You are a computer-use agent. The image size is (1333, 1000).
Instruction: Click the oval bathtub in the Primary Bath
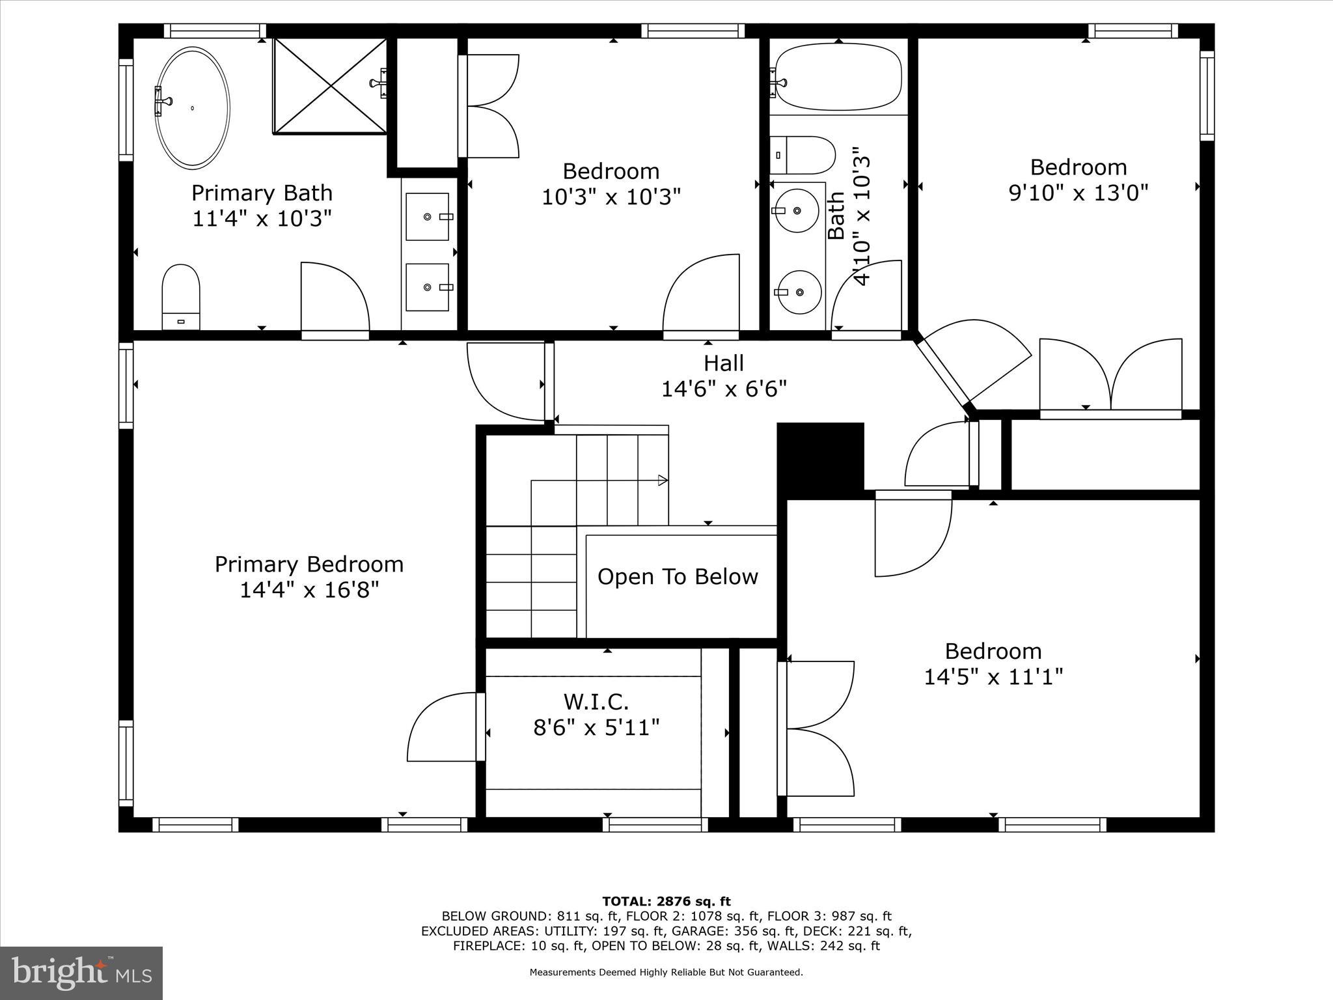point(194,108)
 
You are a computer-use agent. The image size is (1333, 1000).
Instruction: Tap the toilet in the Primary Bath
point(180,296)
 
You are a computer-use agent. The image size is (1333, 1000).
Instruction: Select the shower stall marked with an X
point(330,86)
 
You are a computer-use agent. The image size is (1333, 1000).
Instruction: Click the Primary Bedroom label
point(309,564)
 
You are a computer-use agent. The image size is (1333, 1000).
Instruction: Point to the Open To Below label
point(678,577)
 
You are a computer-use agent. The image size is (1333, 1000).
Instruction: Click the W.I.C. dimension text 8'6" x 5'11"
point(596,727)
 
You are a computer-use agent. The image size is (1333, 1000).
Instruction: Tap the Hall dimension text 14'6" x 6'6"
point(724,389)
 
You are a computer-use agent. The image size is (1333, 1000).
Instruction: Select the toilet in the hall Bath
point(802,155)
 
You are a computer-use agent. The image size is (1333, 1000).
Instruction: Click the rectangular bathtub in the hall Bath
point(838,77)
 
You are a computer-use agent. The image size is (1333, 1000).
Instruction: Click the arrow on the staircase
point(663,480)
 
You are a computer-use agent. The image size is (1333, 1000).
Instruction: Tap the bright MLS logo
point(81,973)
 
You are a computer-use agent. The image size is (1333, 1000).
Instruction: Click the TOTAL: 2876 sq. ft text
point(666,902)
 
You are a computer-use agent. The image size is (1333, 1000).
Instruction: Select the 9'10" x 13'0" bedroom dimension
point(1078,193)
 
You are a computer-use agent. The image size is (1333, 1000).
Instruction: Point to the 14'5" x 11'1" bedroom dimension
point(993,677)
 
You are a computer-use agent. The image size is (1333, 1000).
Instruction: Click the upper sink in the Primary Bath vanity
point(428,216)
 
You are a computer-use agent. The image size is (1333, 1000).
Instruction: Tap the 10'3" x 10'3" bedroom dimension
point(611,196)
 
